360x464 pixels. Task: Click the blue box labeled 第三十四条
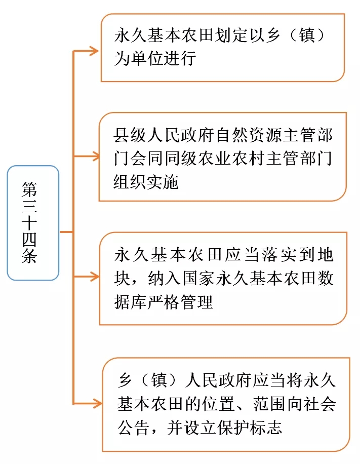(x=33, y=223)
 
